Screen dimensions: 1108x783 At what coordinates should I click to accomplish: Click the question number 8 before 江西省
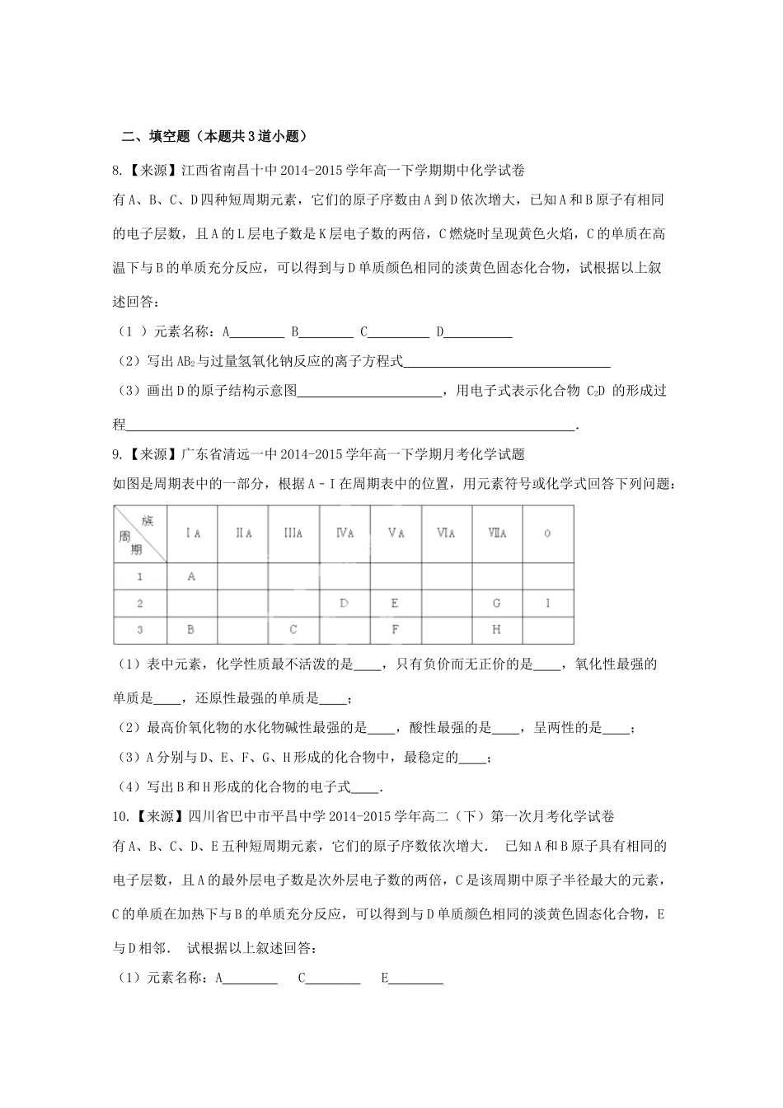(116, 171)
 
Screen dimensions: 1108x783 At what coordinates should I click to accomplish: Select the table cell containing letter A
(191, 576)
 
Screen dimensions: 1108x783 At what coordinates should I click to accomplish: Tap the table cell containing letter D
(345, 603)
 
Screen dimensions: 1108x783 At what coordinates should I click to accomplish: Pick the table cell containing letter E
(396, 603)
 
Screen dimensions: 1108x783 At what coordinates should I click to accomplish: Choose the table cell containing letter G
(497, 603)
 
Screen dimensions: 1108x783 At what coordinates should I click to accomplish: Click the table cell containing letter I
(547, 603)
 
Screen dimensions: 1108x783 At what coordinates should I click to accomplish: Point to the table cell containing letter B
(191, 629)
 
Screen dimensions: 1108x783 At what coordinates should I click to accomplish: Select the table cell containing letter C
(293, 629)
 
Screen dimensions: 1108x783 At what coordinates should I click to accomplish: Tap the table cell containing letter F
(396, 629)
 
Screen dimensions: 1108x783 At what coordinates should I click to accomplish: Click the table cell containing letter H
(497, 629)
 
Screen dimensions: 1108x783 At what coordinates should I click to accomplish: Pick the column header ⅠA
(191, 533)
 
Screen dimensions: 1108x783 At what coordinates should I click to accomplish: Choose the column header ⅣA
(345, 533)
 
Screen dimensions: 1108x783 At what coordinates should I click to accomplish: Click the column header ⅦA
(497, 533)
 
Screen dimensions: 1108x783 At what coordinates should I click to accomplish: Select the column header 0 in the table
(547, 533)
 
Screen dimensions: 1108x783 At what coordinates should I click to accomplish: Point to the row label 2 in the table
(140, 603)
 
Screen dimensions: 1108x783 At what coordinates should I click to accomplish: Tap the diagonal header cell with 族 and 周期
(140, 533)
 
